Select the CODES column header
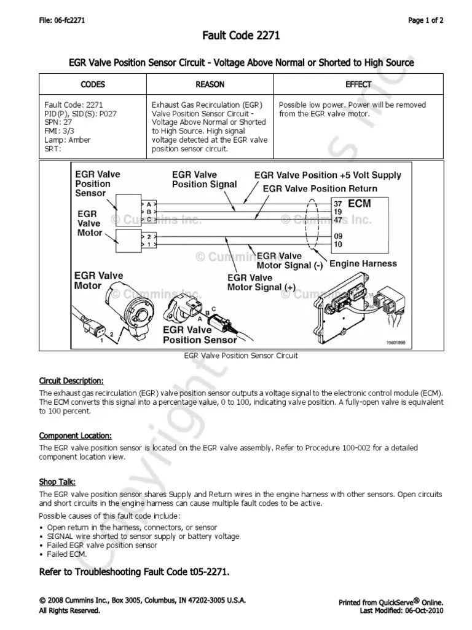click(x=93, y=84)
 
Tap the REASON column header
click(x=210, y=84)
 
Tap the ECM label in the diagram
click(x=360, y=203)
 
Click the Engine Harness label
click(x=363, y=263)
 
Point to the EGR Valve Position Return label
click(x=320, y=188)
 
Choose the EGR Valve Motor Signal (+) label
click(x=261, y=282)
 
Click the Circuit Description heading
click(x=71, y=380)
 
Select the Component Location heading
click(x=75, y=436)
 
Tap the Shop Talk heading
click(x=57, y=482)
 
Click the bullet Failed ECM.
click(x=67, y=554)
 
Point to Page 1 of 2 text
click(x=426, y=20)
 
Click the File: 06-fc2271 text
click(x=61, y=20)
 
